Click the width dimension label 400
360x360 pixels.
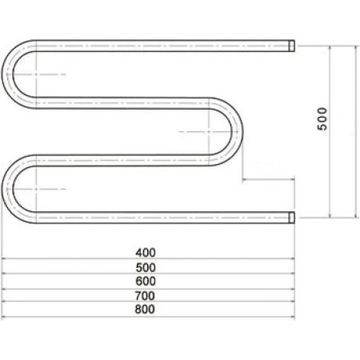[146, 251]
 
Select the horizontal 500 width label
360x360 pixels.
[146, 266]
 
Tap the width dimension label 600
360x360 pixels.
[146, 280]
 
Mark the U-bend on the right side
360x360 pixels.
[234, 130]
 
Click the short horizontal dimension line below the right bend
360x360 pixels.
[268, 179]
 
